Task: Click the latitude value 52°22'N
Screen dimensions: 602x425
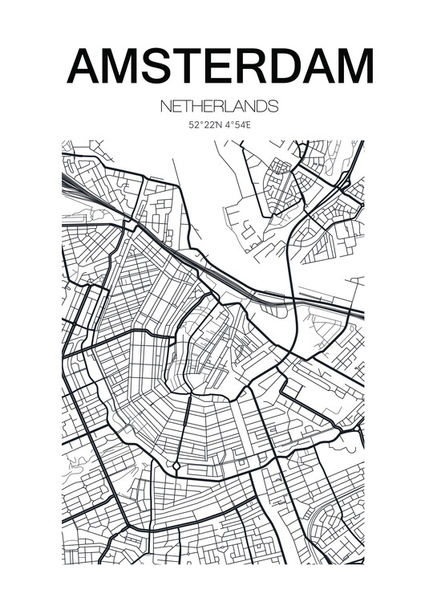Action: coord(204,125)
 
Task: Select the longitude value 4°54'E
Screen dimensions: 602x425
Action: coord(237,125)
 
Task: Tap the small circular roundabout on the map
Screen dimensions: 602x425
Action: coord(176,466)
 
